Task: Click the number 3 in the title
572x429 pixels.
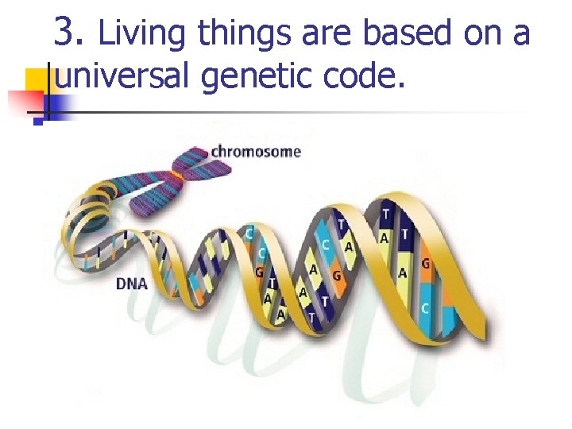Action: tap(68, 33)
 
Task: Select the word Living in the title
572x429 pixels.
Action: tap(144, 33)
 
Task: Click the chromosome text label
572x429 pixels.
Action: tap(256, 151)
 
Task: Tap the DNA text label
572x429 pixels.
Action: tap(132, 283)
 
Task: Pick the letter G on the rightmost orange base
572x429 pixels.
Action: tap(426, 263)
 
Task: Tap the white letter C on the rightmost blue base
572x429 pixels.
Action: tap(426, 308)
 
